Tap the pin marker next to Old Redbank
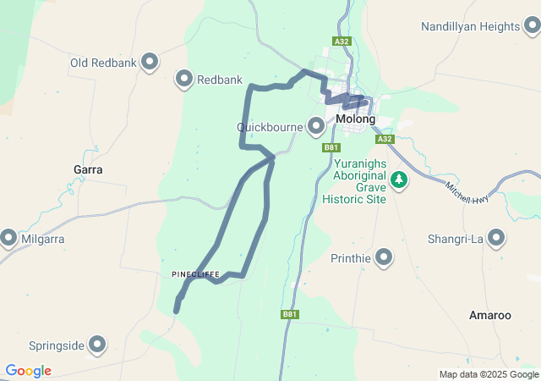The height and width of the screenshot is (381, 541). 150,62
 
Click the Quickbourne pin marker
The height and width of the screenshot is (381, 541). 316,127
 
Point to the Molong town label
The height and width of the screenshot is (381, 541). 355,119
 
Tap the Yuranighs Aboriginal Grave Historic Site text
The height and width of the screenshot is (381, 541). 354,179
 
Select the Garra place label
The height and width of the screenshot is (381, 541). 88,169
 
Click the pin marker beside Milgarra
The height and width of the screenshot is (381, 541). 8,239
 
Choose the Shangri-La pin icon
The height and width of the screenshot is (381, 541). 497,239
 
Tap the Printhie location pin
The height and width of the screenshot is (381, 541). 384,257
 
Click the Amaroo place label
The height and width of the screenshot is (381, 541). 490,315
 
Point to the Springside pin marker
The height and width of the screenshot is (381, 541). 98,345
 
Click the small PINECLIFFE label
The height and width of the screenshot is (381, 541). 195,274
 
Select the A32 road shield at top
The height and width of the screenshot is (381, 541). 341,40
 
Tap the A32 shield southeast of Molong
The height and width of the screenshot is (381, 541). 385,139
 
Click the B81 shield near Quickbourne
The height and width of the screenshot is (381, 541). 331,147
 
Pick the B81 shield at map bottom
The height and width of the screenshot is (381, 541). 290,314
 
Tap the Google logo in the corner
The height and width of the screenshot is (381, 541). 28,371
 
